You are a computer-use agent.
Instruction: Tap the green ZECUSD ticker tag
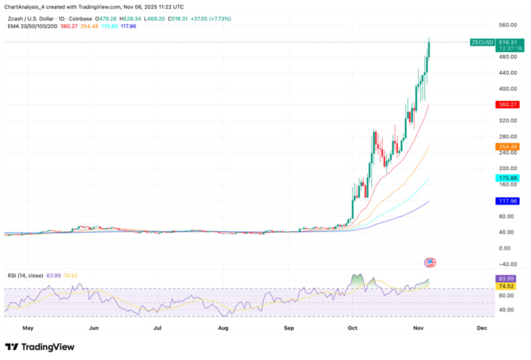point(481,41)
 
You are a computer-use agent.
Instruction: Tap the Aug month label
point(223,327)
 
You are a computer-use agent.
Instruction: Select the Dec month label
point(482,327)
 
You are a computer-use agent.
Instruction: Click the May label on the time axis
point(28,327)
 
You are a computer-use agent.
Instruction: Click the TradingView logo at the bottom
point(40,347)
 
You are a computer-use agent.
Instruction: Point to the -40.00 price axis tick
point(506,264)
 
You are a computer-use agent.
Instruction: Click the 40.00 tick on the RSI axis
point(506,310)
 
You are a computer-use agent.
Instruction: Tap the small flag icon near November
point(430,262)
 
